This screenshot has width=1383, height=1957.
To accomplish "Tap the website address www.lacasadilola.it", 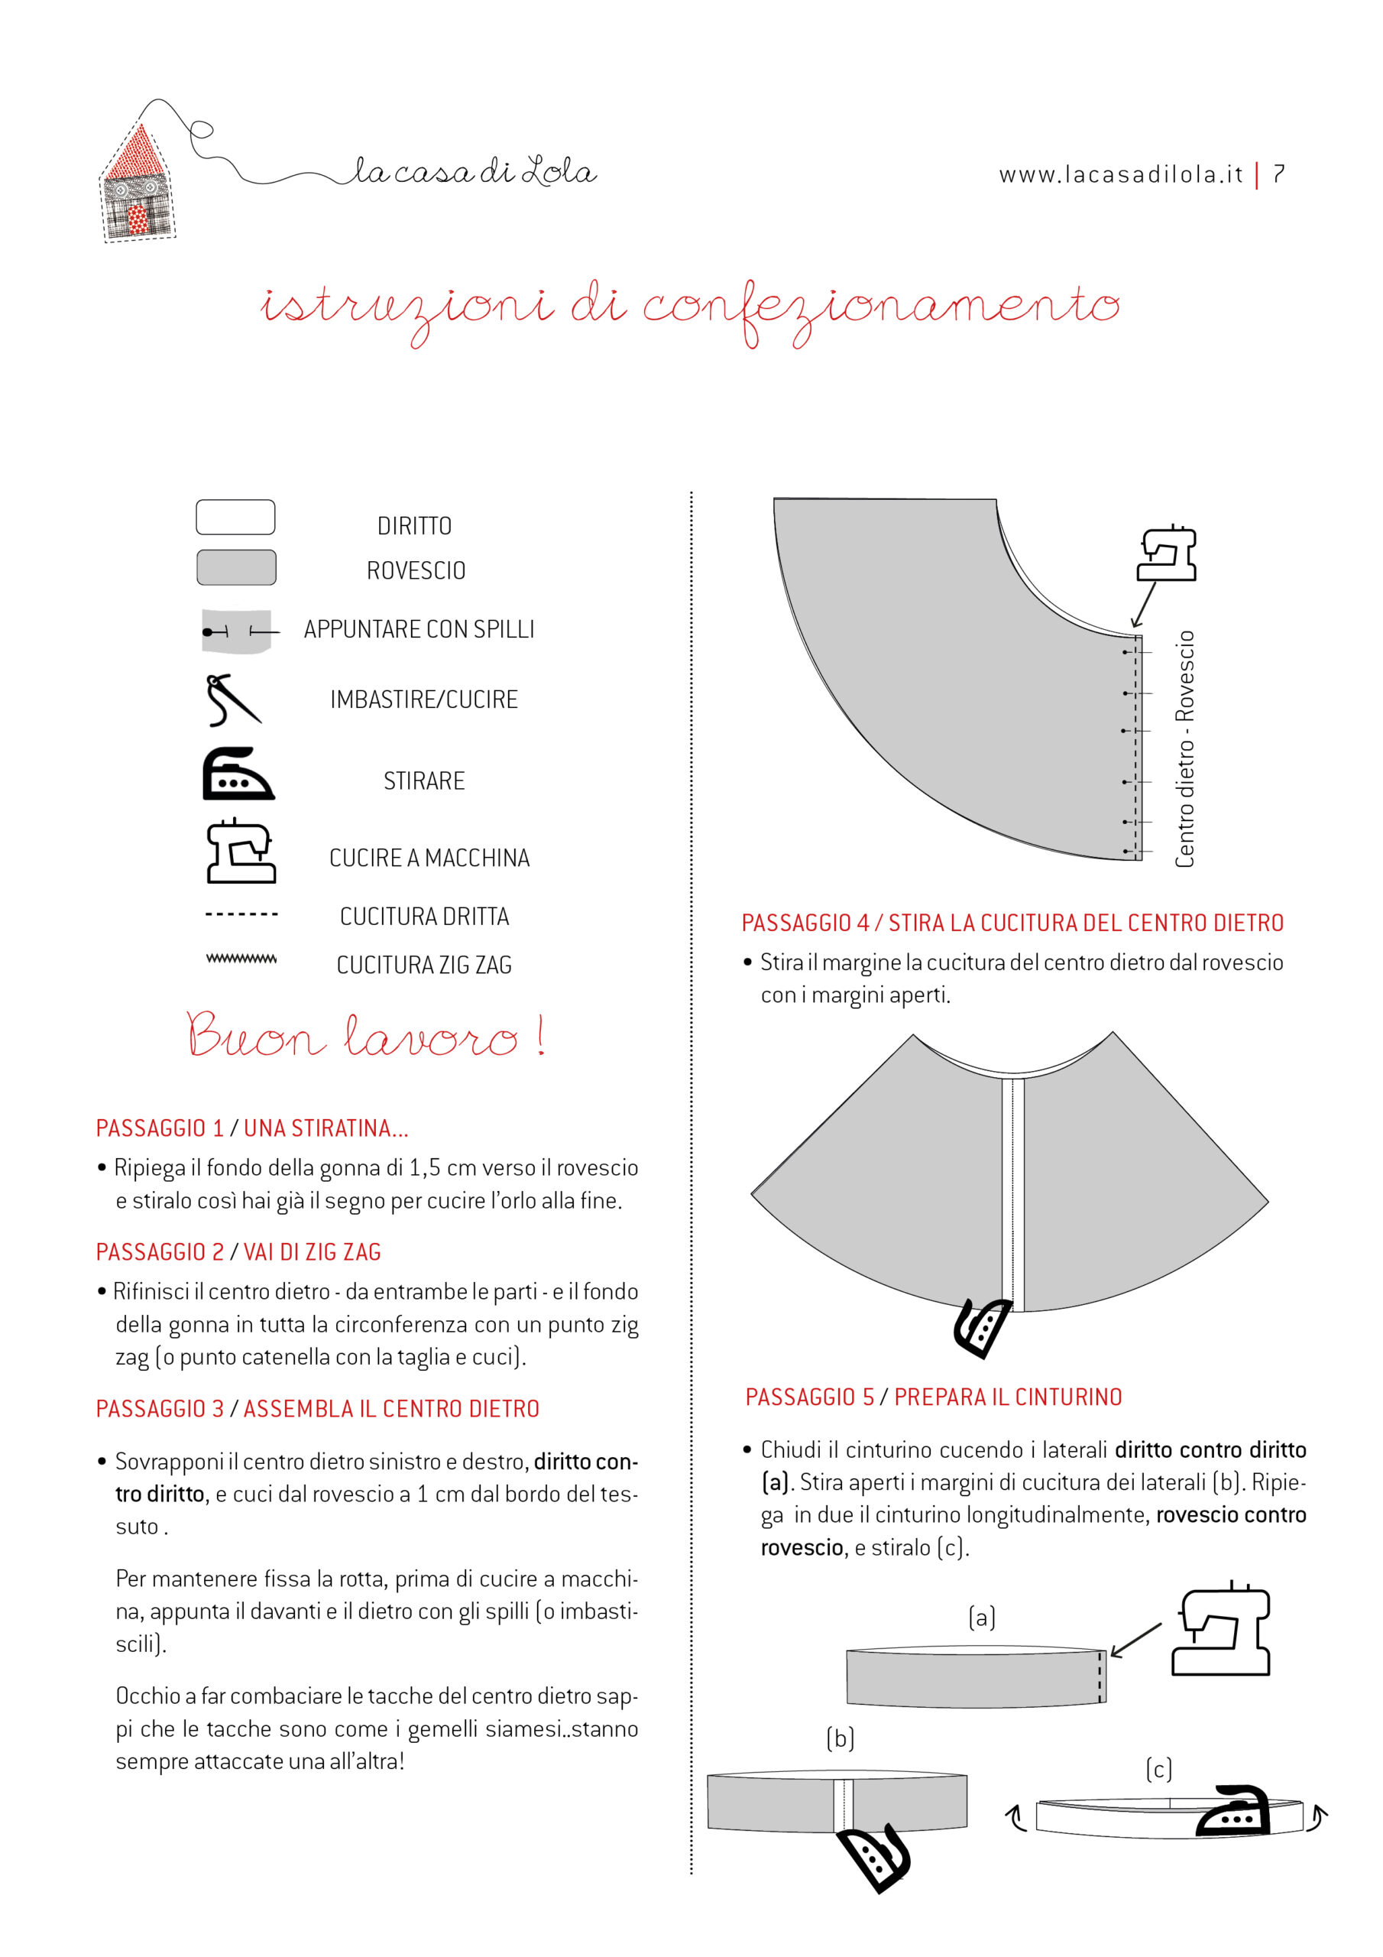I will click(x=1121, y=175).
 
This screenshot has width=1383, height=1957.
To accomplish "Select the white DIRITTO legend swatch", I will click(x=235, y=518).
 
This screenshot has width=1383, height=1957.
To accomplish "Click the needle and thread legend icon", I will click(x=231, y=699).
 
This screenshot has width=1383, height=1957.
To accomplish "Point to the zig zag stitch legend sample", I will click(x=241, y=959).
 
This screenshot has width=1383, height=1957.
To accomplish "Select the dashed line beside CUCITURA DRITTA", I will click(x=241, y=914).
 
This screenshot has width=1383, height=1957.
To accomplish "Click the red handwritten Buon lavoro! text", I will click(x=364, y=1035).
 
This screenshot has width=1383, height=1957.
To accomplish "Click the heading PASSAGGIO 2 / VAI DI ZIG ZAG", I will click(x=238, y=1252).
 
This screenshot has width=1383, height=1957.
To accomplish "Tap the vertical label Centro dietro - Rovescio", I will click(x=1184, y=749).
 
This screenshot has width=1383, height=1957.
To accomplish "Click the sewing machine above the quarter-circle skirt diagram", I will click(x=1168, y=553).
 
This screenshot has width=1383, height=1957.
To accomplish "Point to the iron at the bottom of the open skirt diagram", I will click(x=983, y=1327).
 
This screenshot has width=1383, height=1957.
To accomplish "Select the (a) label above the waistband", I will click(x=982, y=1617).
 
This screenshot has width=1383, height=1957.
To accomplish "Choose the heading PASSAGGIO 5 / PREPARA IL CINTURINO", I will click(x=933, y=1397).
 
